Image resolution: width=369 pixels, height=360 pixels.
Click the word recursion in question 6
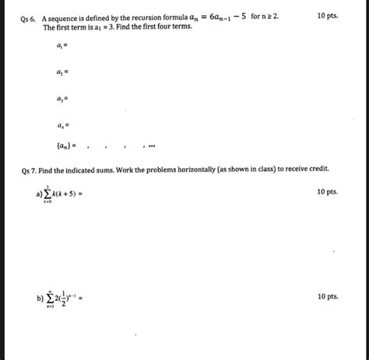point(139,16)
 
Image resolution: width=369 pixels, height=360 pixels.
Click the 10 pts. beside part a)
point(328,191)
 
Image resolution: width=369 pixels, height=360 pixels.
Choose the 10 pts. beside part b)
point(328,296)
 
